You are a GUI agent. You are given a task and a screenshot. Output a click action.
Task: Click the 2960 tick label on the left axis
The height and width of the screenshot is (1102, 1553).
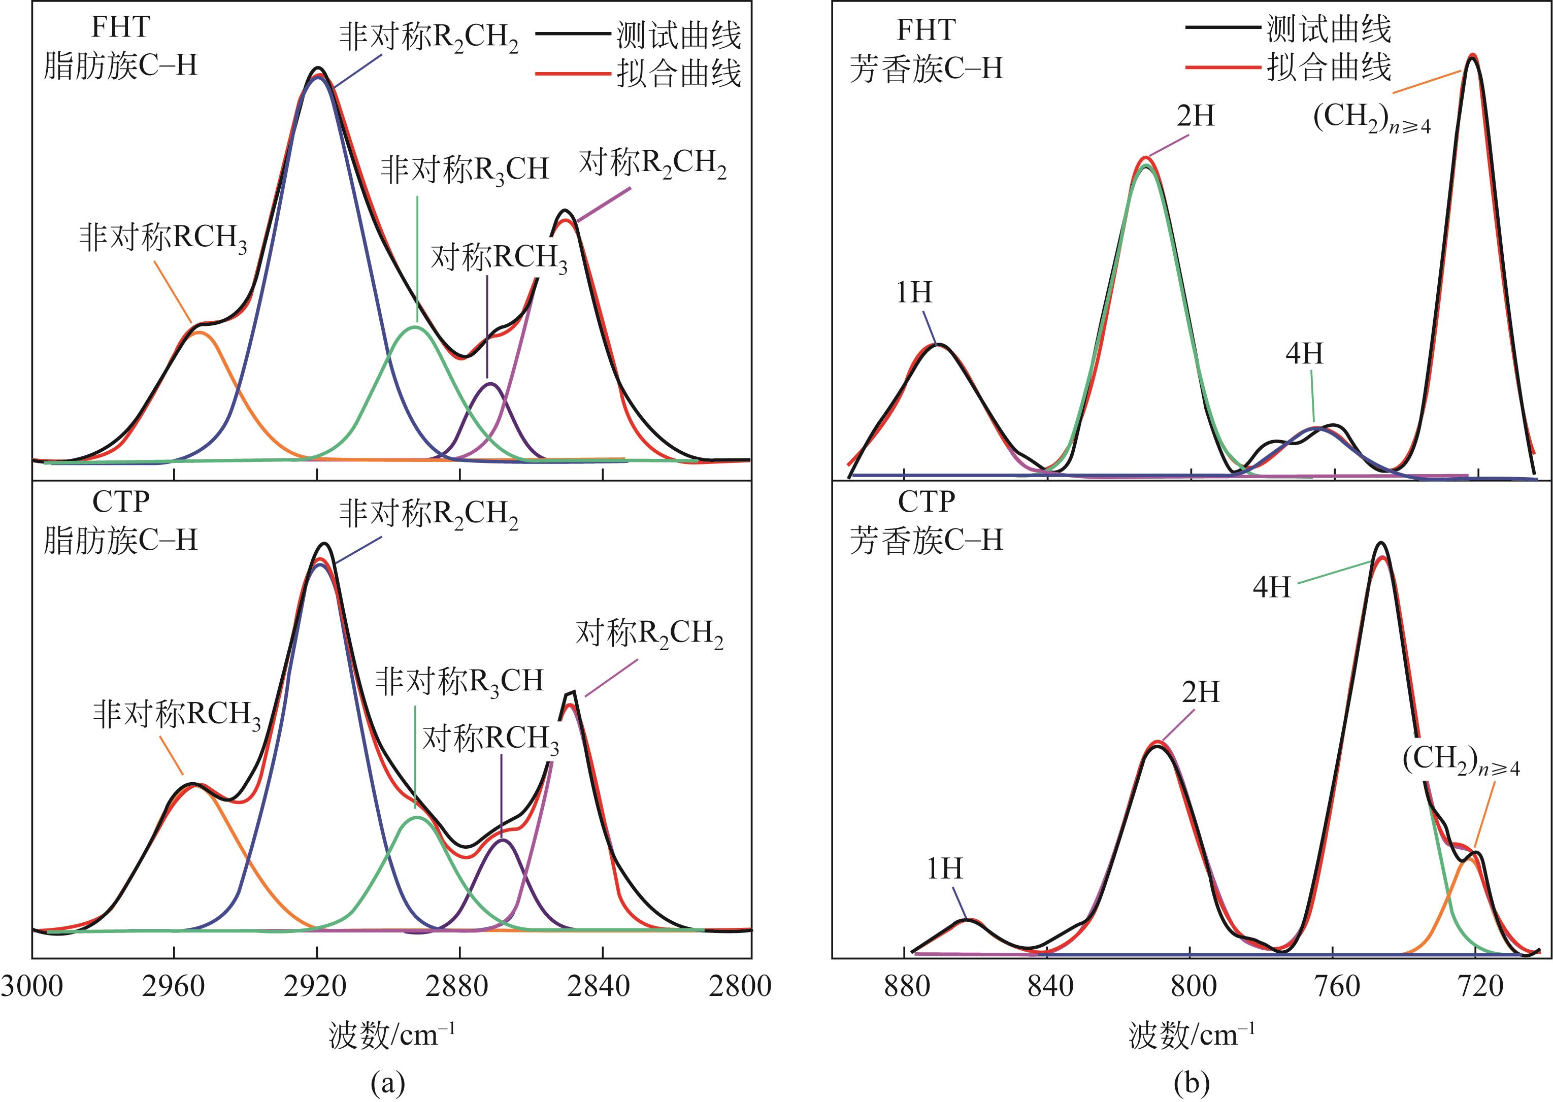click(173, 986)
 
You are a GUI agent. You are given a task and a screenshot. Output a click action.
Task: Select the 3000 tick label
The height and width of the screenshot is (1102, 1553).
click(31, 986)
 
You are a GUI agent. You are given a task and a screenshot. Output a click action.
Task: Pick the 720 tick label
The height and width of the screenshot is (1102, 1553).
click(1480, 986)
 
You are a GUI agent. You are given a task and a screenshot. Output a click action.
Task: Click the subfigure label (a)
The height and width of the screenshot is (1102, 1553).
click(388, 1083)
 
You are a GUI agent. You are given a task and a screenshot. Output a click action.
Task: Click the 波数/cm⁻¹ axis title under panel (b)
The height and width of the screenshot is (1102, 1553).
click(1192, 1036)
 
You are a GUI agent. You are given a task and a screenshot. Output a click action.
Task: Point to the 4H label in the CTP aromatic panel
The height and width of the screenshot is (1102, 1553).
click(1271, 587)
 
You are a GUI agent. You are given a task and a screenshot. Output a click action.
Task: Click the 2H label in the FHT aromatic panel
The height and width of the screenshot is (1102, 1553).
click(1195, 117)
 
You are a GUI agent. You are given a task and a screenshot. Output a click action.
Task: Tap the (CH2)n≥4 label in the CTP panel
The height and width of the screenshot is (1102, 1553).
click(1461, 761)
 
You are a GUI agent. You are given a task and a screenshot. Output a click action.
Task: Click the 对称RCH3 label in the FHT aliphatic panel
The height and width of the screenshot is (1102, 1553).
click(499, 258)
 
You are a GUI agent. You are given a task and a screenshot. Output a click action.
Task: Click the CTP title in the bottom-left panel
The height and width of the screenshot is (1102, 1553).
click(121, 502)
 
